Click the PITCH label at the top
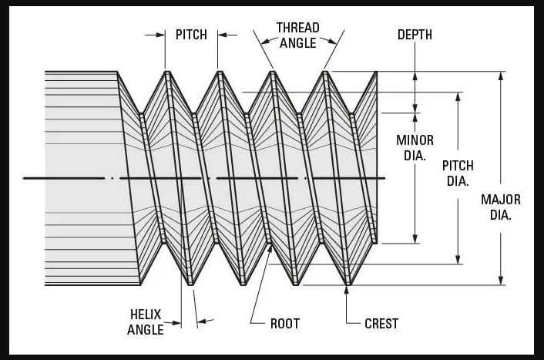[x=191, y=35]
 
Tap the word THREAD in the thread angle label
[x=297, y=28]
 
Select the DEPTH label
[x=415, y=35]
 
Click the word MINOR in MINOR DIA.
[x=415, y=140]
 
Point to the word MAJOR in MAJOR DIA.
[x=501, y=200]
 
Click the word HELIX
[x=146, y=315]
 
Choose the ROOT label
[x=285, y=324]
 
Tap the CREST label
[x=381, y=324]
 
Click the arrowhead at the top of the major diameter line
[x=501, y=76]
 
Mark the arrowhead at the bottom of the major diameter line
[x=501, y=281]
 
